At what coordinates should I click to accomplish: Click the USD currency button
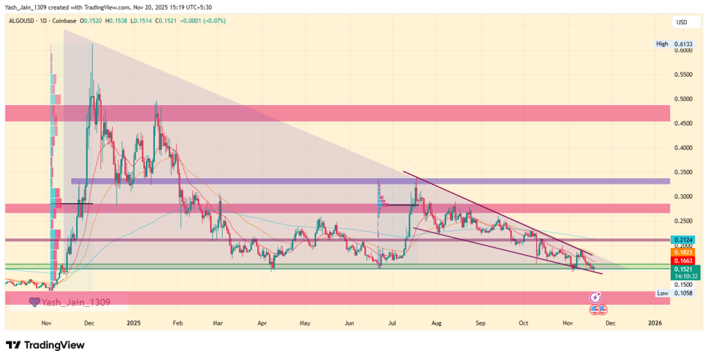(x=681, y=23)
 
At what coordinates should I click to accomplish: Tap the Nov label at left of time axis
(x=46, y=323)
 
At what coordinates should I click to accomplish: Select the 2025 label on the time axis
(x=133, y=323)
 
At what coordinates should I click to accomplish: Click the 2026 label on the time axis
(x=655, y=323)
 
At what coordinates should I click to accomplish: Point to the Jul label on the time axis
(x=393, y=323)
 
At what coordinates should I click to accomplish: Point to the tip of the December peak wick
(x=92, y=44)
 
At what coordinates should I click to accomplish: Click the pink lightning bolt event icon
(x=594, y=297)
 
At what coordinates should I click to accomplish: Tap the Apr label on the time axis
(x=261, y=323)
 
